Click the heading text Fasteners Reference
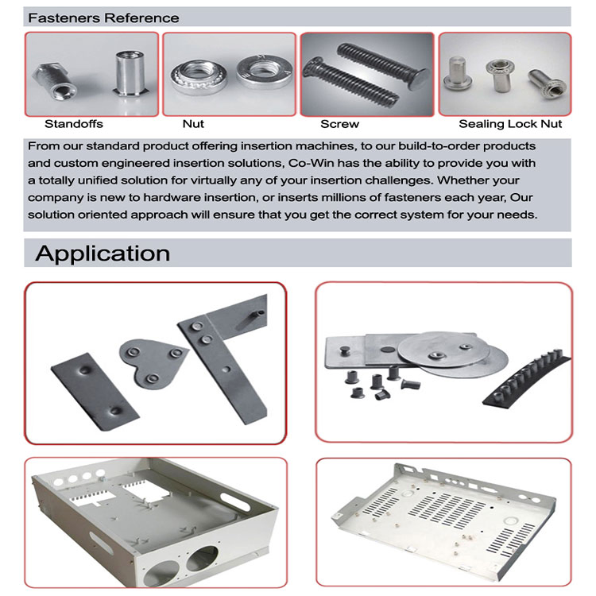click(103, 17)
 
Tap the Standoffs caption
click(74, 124)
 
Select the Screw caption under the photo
click(339, 124)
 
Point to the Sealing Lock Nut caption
click(510, 124)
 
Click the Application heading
click(103, 253)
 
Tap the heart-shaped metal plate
click(150, 362)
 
